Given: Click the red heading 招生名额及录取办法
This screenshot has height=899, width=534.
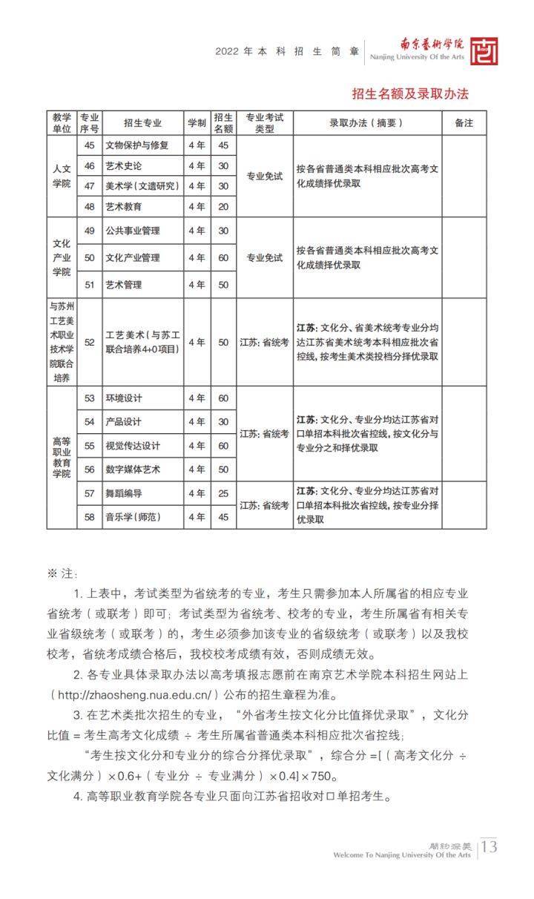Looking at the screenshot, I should (410, 94).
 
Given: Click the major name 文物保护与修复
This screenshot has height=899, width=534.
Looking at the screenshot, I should (137, 145).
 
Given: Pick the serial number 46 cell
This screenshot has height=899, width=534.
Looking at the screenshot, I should (90, 165).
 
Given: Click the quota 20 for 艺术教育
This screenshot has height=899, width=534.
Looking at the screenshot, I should (223, 206).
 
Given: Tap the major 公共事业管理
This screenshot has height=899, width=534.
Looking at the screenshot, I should (133, 231).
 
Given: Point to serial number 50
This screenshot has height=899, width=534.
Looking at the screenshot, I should (90, 257).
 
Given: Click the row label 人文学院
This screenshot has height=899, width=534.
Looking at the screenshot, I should (62, 176).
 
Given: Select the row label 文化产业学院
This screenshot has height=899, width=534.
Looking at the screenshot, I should (62, 257).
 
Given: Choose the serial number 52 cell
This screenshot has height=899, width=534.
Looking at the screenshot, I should (90, 342).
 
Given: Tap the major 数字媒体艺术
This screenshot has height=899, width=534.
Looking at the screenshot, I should (133, 470).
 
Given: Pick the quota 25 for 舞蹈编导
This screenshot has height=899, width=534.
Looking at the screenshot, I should (223, 493).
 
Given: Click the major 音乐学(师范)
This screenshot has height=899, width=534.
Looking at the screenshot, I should (133, 517).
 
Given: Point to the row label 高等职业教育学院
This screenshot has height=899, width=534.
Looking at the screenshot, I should (62, 457).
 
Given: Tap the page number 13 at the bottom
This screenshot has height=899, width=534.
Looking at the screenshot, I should (489, 846).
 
